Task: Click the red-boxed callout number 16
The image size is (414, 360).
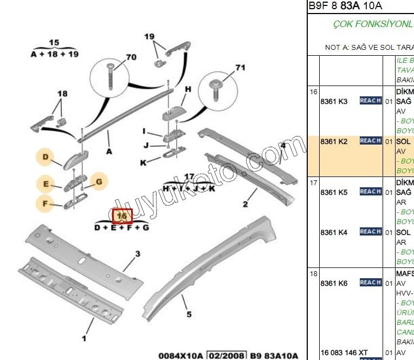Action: tap(122, 215)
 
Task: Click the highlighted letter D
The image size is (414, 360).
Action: tap(46, 158)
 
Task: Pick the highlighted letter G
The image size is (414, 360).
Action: tap(99, 181)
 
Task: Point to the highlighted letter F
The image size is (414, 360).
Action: tap(46, 204)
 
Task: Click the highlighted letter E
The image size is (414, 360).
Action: tap(46, 185)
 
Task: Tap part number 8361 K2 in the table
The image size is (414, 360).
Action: tap(334, 141)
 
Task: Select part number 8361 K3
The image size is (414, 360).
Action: tap(334, 101)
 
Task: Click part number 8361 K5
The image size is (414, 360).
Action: tap(334, 192)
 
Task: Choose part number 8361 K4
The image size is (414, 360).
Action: tap(334, 232)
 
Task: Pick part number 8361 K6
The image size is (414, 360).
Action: tap(334, 283)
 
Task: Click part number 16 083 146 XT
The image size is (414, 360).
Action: tap(344, 352)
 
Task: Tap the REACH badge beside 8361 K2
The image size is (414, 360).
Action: tap(371, 141)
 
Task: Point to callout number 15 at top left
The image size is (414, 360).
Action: tap(54, 43)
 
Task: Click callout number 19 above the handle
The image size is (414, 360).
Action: tap(150, 36)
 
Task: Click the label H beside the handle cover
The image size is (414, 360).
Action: tap(188, 89)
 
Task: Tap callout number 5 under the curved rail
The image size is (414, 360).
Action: tap(189, 313)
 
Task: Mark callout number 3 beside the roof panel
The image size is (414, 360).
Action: tap(138, 253)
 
